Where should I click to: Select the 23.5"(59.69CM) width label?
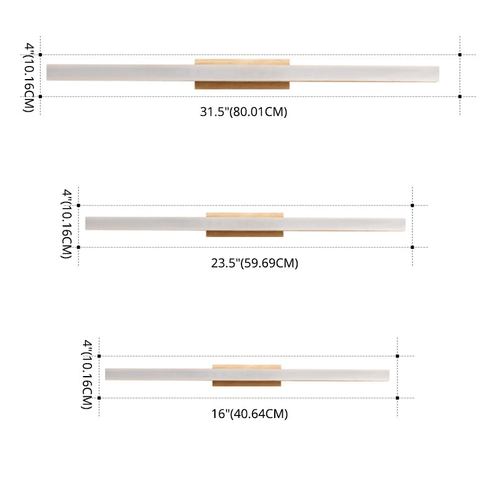click(x=254, y=263)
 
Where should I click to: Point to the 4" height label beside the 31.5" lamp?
click(x=28, y=77)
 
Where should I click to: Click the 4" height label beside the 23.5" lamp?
click(x=67, y=225)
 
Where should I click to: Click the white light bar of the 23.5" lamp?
click(x=148, y=223)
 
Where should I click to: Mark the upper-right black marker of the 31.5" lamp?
click(x=460, y=55)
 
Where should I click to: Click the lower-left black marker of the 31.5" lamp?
click(x=41, y=96)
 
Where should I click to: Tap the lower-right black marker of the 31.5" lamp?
click(x=460, y=96)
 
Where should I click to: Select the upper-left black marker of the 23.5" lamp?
click(x=78, y=205)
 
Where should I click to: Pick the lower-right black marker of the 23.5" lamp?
click(x=412, y=247)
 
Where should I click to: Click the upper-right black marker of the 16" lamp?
click(x=398, y=356)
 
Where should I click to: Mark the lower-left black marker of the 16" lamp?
click(x=99, y=398)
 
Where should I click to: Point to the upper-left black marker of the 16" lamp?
click(x=99, y=356)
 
